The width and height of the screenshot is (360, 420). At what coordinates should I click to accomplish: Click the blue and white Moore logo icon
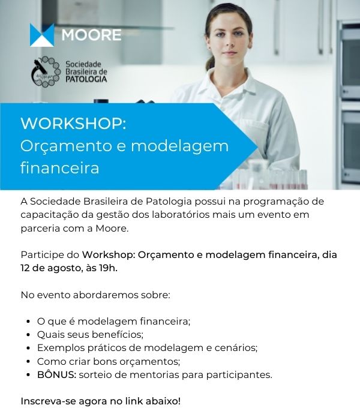[x=42, y=35]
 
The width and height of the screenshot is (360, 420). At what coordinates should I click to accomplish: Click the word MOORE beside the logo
[x=91, y=35]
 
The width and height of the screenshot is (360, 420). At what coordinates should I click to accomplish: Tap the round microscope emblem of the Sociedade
[x=46, y=71]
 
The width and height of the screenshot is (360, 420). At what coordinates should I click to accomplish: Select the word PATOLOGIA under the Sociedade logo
[x=86, y=79]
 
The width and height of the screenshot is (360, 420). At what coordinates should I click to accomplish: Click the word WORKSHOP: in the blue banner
[x=73, y=123]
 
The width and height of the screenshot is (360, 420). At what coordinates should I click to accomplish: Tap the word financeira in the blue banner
[x=60, y=168]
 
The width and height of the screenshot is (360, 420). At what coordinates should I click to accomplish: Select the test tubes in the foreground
[x=271, y=179]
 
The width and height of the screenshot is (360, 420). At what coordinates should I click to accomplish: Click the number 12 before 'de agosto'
[x=25, y=268]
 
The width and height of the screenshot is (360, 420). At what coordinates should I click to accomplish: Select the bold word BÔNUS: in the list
[x=57, y=374]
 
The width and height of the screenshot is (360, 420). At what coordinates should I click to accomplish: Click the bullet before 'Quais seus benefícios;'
[x=28, y=335]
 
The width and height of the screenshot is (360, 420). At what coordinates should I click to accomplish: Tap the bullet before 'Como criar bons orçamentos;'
[x=28, y=361]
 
